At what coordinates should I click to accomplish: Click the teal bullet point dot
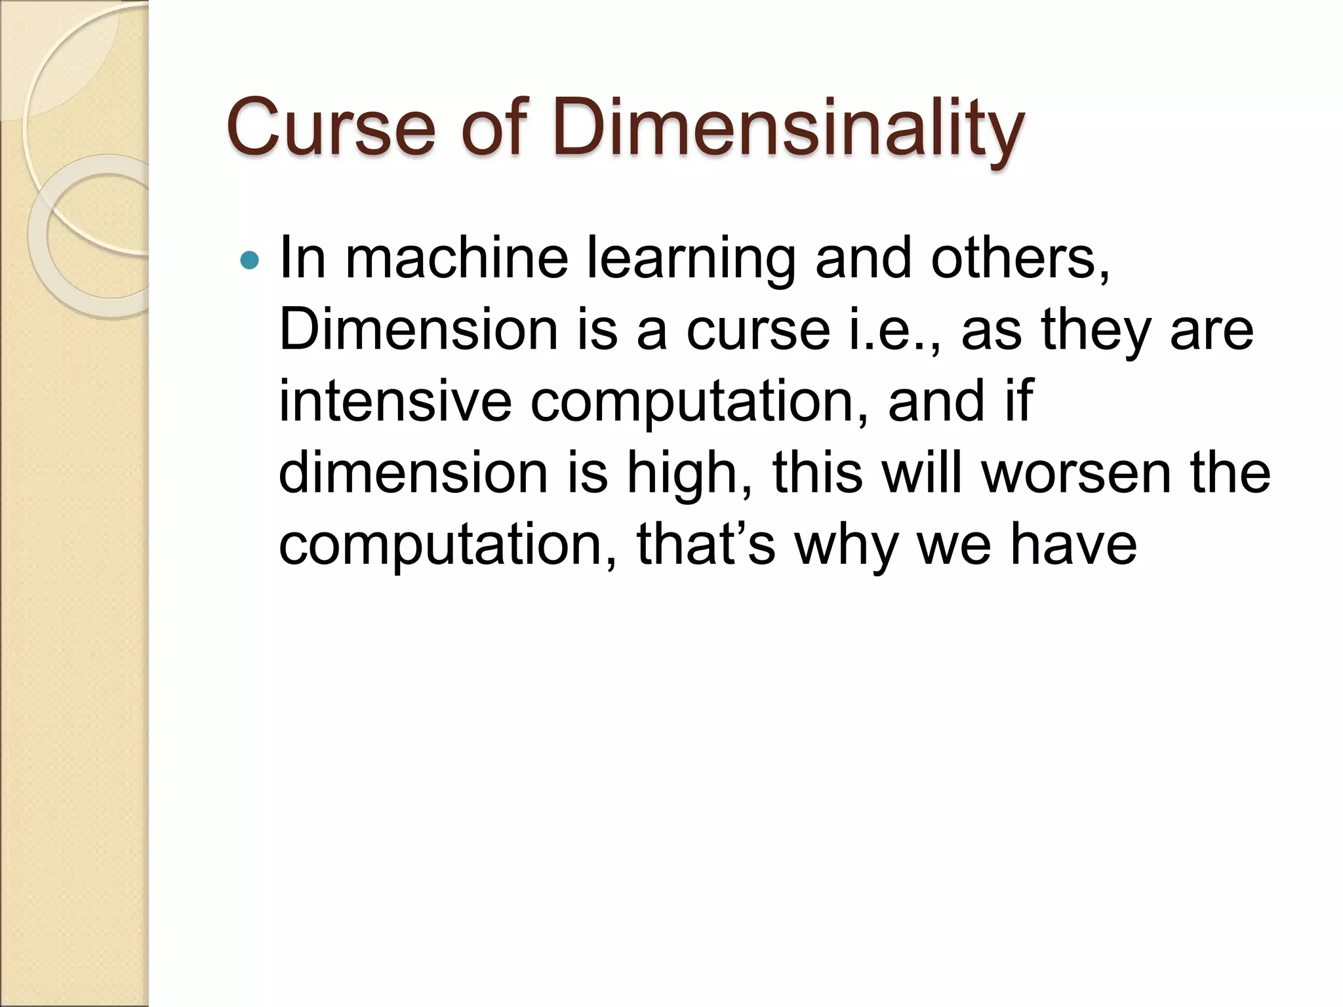[x=250, y=261]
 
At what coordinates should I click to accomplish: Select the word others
[x=1020, y=259]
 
